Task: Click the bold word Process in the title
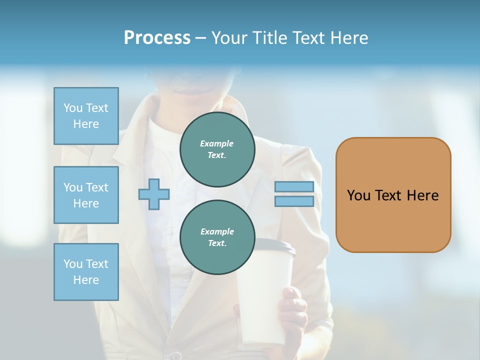[157, 38]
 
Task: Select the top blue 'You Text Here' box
[86, 116]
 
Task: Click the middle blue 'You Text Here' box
[86, 195]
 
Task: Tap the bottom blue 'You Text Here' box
[86, 272]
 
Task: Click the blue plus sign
[154, 194]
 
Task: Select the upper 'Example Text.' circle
[217, 149]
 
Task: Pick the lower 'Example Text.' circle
[217, 237]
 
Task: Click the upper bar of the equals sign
[294, 186]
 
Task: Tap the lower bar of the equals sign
[294, 201]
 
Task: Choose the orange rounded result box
[393, 195]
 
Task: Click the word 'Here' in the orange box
[422, 195]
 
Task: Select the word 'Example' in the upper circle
[217, 143]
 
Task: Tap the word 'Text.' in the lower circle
[217, 243]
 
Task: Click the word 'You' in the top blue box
[73, 108]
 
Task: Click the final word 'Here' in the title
[348, 38]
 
